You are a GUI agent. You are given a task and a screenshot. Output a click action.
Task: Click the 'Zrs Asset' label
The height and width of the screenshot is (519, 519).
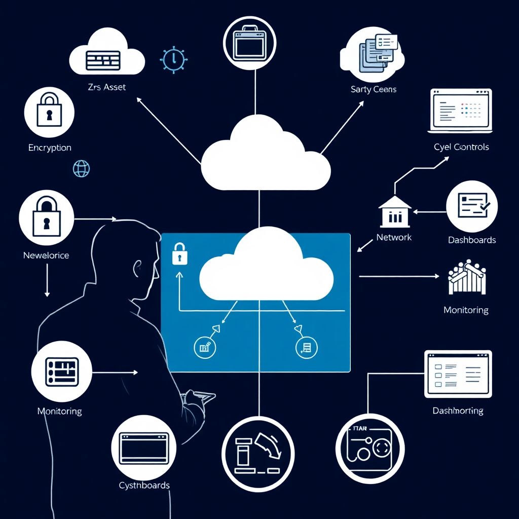(x=107, y=87)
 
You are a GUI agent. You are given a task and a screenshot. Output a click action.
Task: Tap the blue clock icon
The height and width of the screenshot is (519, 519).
(x=173, y=59)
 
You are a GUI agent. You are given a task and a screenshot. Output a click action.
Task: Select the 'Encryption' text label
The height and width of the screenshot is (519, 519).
(x=50, y=147)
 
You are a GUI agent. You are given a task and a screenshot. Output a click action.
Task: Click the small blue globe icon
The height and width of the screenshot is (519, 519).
(x=81, y=168)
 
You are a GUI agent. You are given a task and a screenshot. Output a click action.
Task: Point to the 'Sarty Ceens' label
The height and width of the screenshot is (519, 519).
(x=374, y=90)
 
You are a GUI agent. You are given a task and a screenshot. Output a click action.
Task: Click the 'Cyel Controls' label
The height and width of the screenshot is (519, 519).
(x=461, y=147)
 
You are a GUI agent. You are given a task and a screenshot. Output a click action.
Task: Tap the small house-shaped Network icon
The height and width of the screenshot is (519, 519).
(x=394, y=211)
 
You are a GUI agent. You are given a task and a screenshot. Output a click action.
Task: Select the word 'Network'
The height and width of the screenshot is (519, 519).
(x=394, y=237)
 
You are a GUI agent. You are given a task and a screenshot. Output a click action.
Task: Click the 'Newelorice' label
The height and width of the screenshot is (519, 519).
(x=46, y=255)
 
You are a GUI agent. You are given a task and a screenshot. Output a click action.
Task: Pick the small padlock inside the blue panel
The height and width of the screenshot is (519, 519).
(x=178, y=253)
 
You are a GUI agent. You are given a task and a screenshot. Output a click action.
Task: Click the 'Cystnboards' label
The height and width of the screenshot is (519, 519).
(x=144, y=485)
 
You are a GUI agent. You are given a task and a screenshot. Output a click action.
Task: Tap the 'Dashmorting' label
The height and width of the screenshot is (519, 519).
(x=458, y=411)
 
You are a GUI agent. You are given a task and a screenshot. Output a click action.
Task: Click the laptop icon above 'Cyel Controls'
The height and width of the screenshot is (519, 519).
(x=461, y=110)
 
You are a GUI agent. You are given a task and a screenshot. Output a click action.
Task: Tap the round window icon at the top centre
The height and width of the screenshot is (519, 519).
(x=250, y=43)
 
